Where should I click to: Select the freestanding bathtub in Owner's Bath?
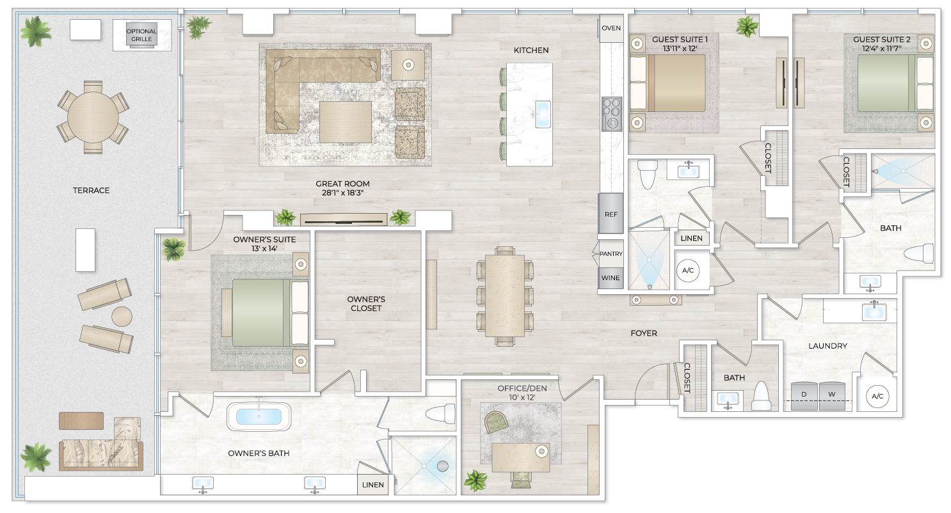pos(259,416)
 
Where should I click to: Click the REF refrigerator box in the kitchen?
pos(611,214)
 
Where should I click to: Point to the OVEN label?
pos(611,28)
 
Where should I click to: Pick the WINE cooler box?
pos(611,278)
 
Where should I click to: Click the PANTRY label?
pos(611,254)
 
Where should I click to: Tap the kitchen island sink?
pos(542,114)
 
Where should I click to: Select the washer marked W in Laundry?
pos(832,395)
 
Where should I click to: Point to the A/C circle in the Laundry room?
pos(877,397)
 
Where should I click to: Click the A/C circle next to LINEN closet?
pos(688,271)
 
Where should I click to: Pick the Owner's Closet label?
pos(366,303)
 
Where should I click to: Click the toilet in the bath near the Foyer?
pos(762,396)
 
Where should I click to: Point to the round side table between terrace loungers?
pos(122,316)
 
